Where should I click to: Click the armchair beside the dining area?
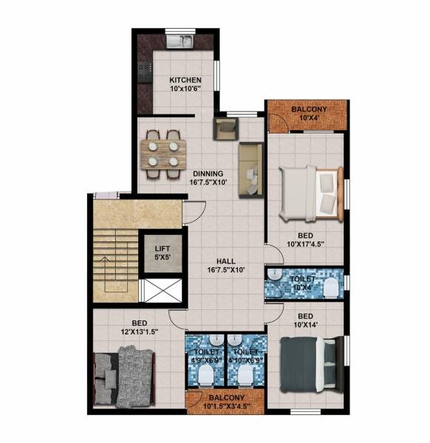pos(225,128)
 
